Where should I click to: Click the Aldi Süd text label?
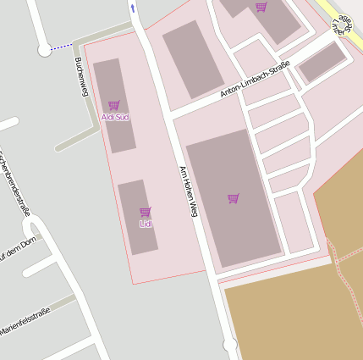(x=114, y=116)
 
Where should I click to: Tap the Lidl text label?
(x=146, y=223)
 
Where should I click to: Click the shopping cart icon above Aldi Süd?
(x=114, y=105)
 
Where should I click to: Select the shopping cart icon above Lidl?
(x=146, y=212)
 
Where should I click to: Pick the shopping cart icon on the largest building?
(x=234, y=198)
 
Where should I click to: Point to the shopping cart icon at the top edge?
(x=261, y=8)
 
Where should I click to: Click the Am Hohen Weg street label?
(x=188, y=191)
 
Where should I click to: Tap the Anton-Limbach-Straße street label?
(x=255, y=78)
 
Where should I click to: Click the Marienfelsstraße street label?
(x=25, y=322)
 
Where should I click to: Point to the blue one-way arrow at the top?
(x=132, y=8)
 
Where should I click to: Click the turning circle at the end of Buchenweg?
(x=44, y=51)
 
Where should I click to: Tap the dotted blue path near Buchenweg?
(x=62, y=47)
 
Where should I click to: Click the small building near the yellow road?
(x=322, y=63)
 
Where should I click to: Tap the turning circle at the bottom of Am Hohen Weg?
(x=230, y=345)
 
